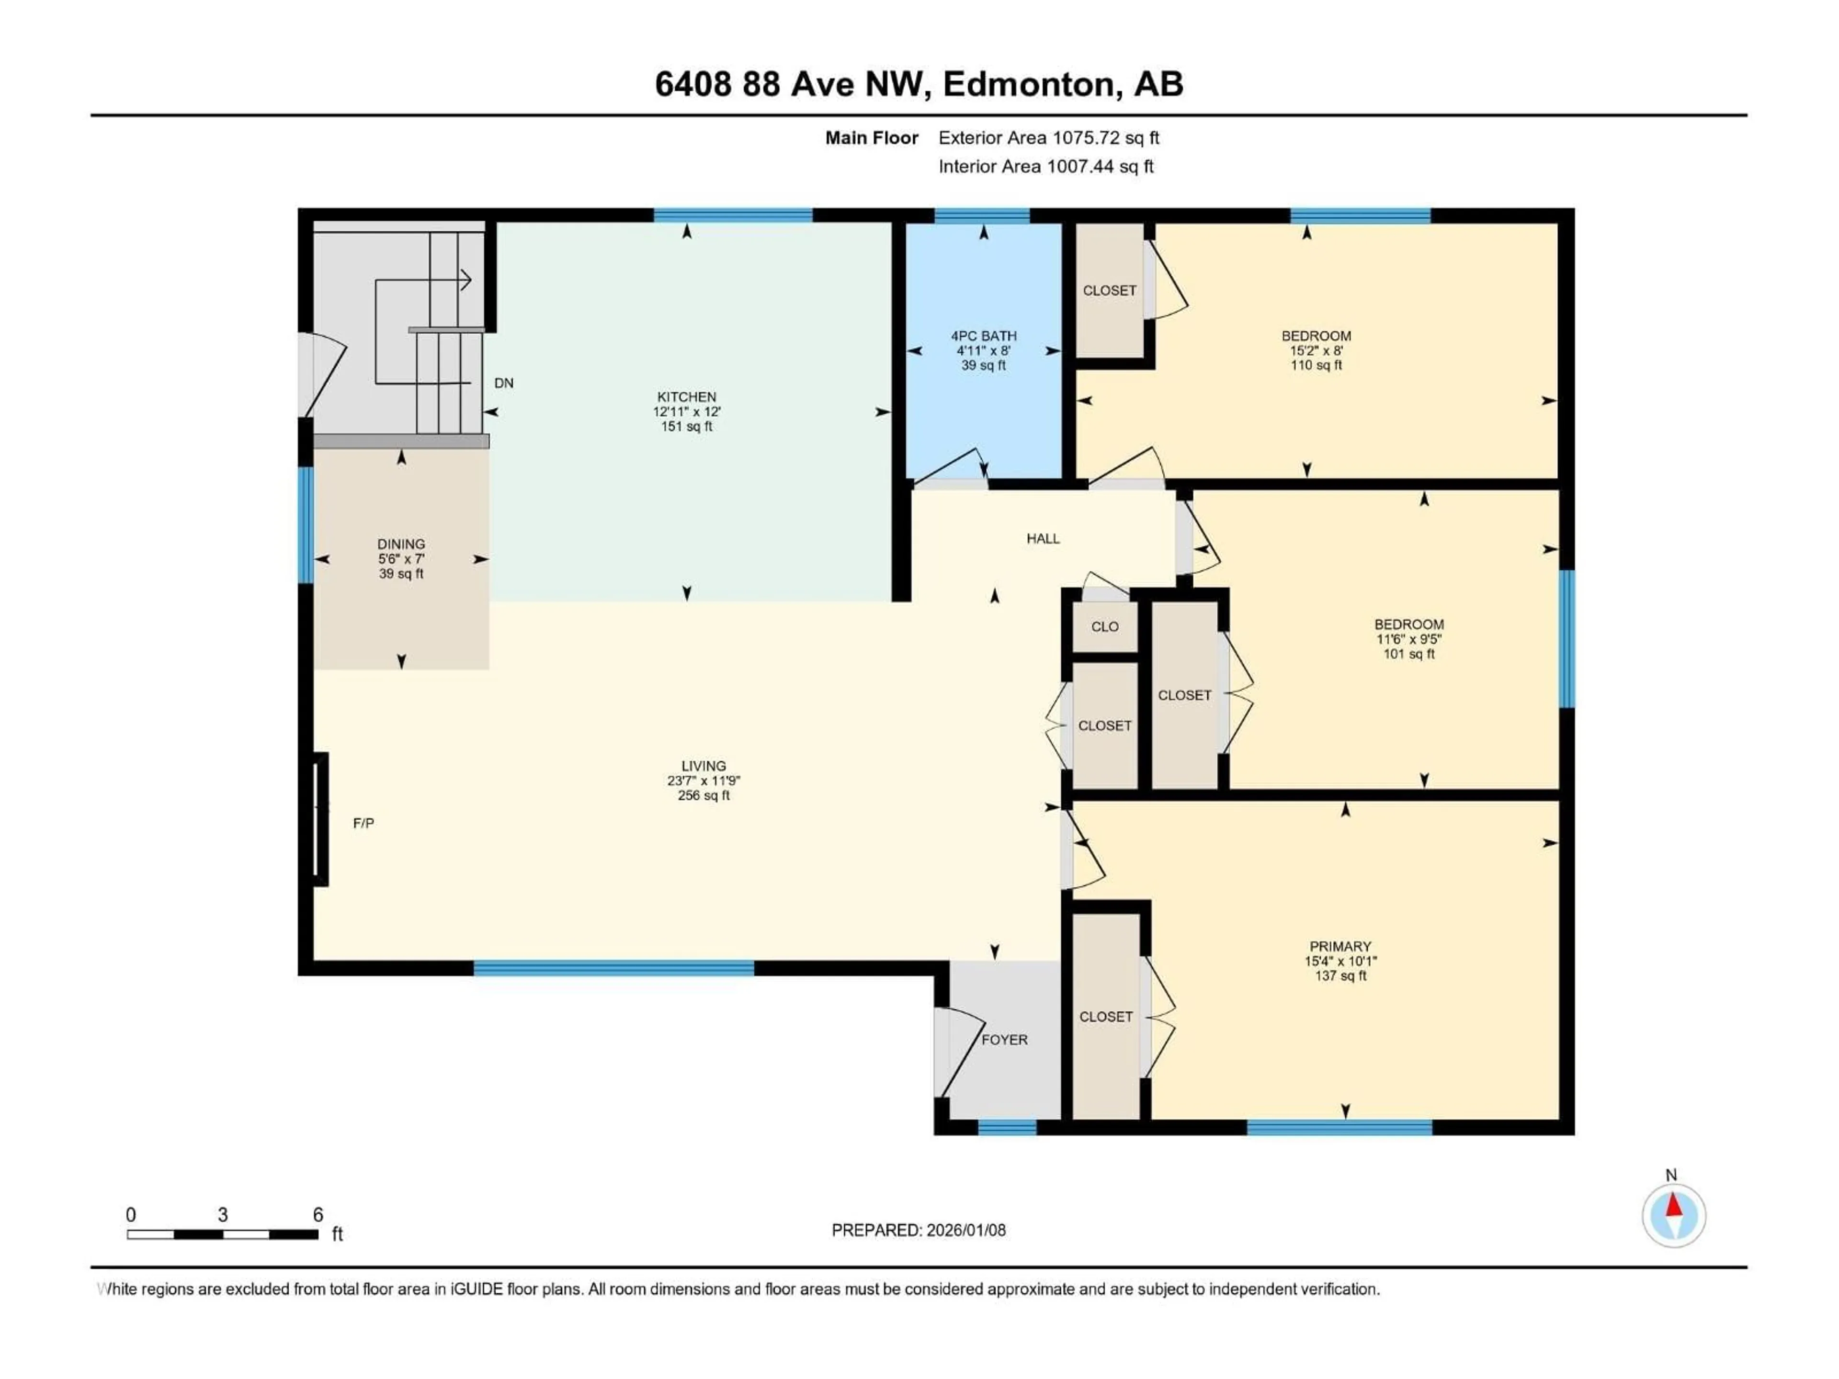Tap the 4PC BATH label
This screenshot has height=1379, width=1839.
coord(984,336)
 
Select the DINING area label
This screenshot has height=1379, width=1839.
coord(401,544)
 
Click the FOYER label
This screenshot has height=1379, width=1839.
coord(1004,1040)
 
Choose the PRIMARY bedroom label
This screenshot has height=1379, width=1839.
coord(1340,946)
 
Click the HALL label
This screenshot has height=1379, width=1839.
coord(1043,539)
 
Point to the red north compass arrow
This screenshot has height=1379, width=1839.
coord(1674,1205)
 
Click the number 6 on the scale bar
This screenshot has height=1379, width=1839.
coord(318,1215)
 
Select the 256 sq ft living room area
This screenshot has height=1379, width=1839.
coord(704,795)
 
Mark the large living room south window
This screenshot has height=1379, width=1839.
coord(613,968)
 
